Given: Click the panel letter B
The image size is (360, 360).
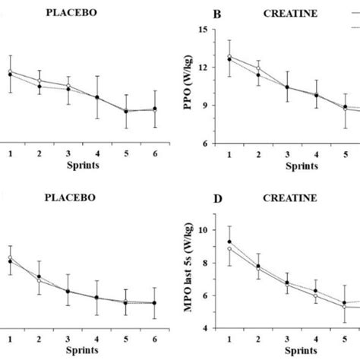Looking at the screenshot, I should pos(196,14).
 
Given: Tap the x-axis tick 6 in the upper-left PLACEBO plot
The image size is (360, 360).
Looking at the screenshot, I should pos(156,154).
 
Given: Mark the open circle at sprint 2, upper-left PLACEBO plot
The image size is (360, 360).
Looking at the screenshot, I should pos(39,81).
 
